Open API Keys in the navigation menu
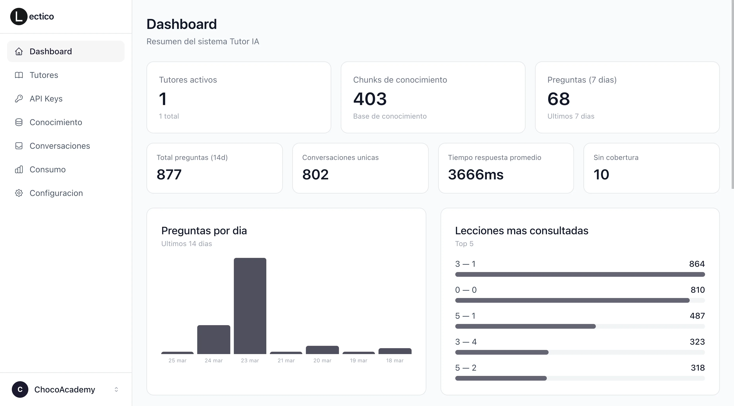tap(46, 99)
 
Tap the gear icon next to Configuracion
tap(19, 193)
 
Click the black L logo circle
tap(19, 17)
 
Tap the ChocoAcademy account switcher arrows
tap(116, 389)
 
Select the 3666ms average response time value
tap(475, 174)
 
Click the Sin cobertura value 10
tap(601, 174)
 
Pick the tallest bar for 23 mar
tap(250, 306)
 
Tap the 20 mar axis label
tap(322, 360)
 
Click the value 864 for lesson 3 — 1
tap(697, 264)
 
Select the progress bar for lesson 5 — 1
tap(525, 326)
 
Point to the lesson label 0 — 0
tap(466, 290)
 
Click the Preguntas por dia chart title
tap(204, 231)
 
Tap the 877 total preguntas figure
tap(169, 174)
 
